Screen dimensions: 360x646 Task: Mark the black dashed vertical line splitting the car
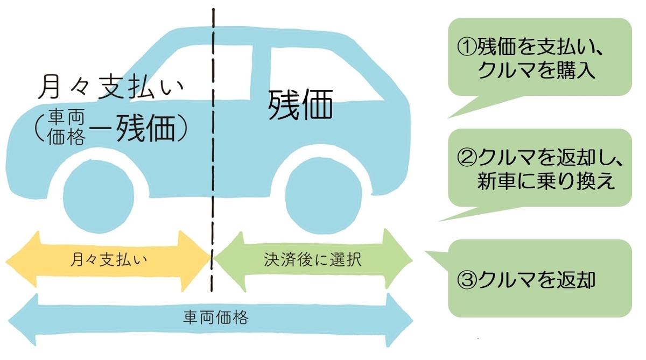[x=214, y=161]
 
